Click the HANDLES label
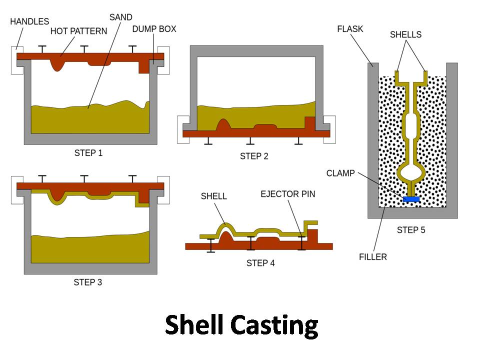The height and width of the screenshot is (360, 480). pos(29,21)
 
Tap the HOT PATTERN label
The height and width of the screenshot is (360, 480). pos(78,31)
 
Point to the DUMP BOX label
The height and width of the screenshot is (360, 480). pos(154,29)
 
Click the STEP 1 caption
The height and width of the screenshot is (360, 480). pos(88,153)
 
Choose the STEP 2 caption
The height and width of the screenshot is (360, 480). pos(254,156)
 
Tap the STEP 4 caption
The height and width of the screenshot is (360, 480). pos(260,263)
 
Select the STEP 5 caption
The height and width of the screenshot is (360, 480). pos(411,230)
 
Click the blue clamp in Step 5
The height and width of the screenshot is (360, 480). pos(411,199)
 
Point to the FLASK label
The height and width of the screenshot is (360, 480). pos(349,29)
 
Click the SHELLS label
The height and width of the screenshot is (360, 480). pos(405,34)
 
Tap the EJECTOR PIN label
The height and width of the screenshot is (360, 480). pos(288,193)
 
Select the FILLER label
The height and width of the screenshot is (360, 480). pos(372,257)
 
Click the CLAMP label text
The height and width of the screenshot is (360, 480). pos(340,173)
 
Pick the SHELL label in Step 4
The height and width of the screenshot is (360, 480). pos(213,196)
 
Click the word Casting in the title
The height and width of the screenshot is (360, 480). pos(274,325)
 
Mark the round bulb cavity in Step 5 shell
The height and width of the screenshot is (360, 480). pos(411,173)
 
